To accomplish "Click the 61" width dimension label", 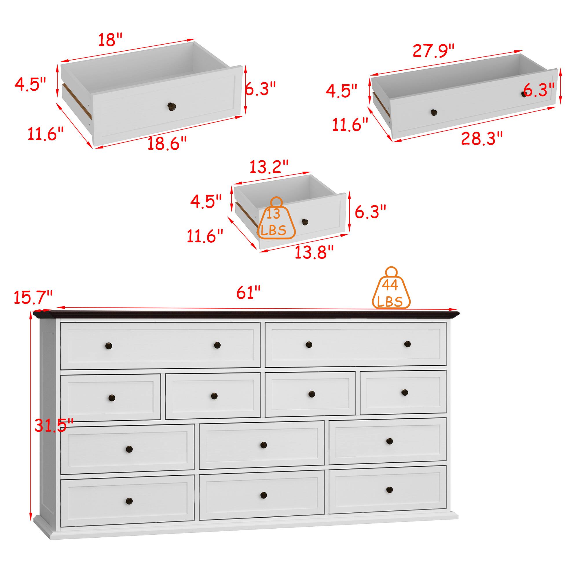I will coord(248,292).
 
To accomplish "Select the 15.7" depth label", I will coord(33,297).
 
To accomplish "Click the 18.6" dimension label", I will coord(167,144).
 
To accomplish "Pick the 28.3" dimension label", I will coord(481,138).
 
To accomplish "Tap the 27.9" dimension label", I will coord(433,51).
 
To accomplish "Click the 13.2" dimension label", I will coord(269,167).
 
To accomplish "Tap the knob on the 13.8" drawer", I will coord(305,222).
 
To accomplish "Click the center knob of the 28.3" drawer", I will coord(434,112).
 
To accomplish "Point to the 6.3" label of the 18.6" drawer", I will coord(260,89).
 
